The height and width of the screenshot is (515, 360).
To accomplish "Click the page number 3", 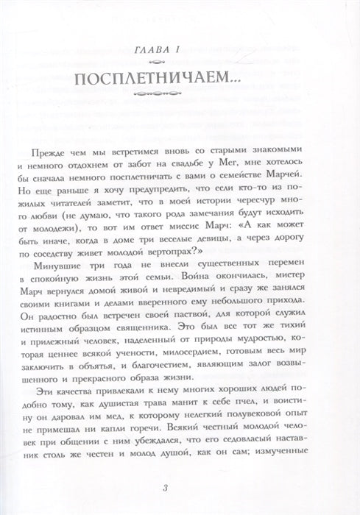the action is [180, 491].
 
